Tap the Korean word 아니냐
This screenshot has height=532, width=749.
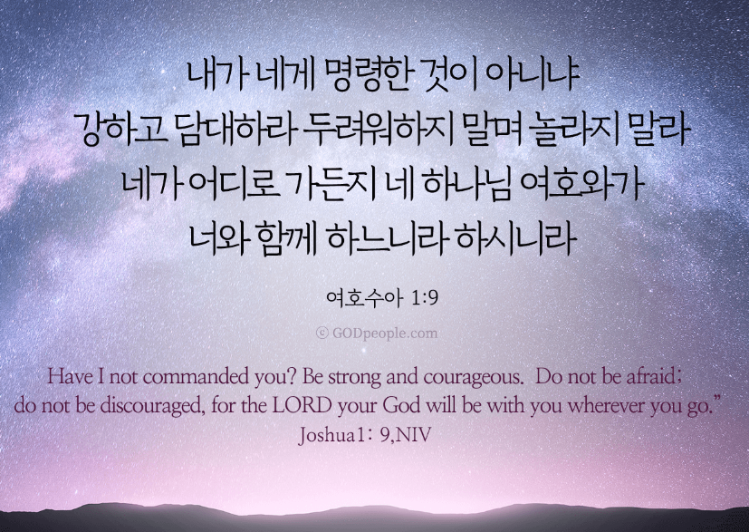pos(534,75)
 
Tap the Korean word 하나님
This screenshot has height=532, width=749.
pos(466,185)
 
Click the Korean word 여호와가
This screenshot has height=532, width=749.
pos(581,185)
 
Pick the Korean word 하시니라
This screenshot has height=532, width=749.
pos(515,238)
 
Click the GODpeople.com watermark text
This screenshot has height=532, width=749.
pos(385,334)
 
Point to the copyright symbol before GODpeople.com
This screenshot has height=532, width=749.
pos(322,333)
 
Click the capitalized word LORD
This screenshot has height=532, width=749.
pos(302,405)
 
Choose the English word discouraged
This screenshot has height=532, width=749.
pos(153,406)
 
